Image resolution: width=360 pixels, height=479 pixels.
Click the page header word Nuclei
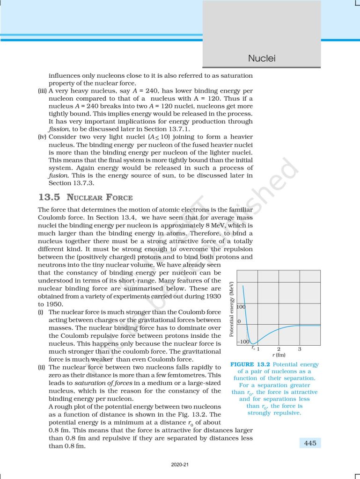click(x=262, y=58)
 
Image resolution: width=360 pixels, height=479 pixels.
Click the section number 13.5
click(x=49, y=197)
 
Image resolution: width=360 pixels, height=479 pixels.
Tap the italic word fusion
click(x=58, y=175)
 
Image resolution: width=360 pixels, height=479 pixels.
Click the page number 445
click(x=310, y=443)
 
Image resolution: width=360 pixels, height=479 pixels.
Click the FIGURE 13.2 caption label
click(x=253, y=364)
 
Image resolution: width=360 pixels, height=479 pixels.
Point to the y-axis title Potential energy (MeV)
click(x=232, y=308)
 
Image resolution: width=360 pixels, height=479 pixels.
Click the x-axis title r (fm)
click(x=279, y=355)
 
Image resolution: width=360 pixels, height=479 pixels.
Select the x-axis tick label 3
click(x=300, y=349)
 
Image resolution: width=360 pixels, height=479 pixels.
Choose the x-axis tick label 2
click(x=279, y=349)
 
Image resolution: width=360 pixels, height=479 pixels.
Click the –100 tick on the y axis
click(x=244, y=342)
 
